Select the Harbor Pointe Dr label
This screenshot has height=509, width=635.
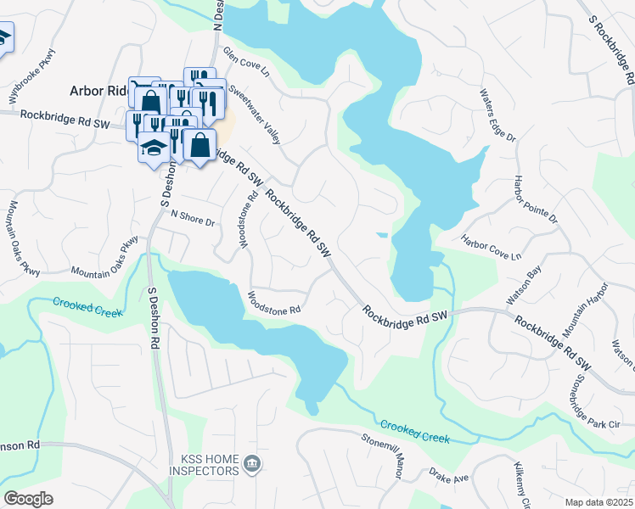coord(536,200)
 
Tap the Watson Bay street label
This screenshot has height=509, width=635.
coord(524,286)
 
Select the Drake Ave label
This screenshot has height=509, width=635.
coord(448,474)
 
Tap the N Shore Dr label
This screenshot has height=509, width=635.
coord(194,218)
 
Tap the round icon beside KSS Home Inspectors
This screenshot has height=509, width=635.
coord(251,463)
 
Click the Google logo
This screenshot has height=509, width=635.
coord(27,499)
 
